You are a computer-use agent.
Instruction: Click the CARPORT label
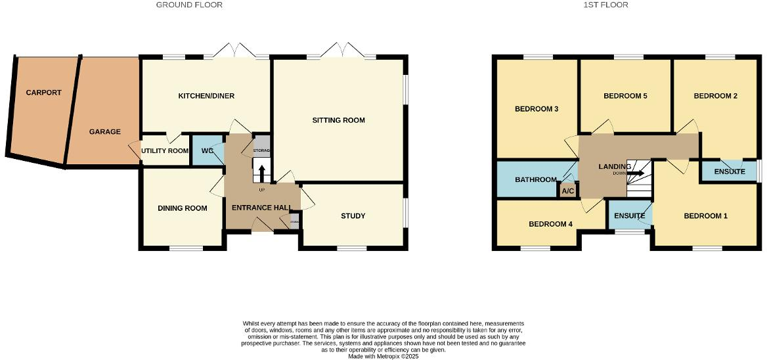tap(43, 93)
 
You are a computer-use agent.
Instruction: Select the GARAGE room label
tap(105, 131)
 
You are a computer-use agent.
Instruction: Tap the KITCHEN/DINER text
tap(206, 96)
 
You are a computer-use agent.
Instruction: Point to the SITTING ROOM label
tap(338, 120)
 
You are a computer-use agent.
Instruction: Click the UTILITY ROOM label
tap(165, 151)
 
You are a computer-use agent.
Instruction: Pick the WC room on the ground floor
tap(208, 151)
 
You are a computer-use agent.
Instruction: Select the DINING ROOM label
tap(183, 208)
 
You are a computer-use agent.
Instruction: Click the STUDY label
tap(353, 216)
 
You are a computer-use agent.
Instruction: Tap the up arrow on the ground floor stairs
tap(261, 173)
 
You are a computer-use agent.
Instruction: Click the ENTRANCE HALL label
tap(261, 208)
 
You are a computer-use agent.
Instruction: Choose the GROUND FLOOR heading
tap(189, 5)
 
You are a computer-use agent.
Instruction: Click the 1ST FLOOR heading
tap(605, 5)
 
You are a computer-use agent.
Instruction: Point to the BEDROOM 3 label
tap(537, 108)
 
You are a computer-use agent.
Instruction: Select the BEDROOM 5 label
tap(625, 96)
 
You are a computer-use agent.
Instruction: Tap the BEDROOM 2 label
tap(716, 96)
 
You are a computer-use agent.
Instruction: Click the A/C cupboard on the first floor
tap(567, 191)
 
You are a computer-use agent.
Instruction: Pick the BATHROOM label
tap(536, 179)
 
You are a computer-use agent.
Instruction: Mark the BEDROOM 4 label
tap(551, 224)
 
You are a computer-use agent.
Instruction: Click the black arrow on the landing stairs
tap(635, 174)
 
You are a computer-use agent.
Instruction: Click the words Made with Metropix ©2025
tap(383, 356)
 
